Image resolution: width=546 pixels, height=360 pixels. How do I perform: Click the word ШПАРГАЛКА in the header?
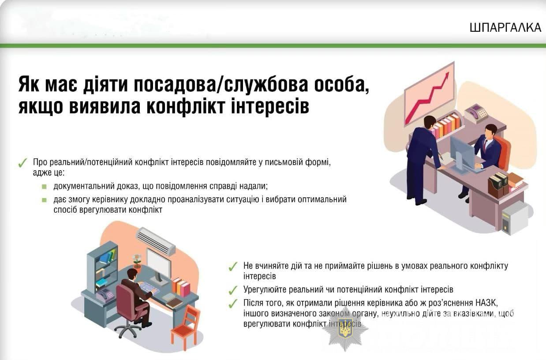click(505, 27)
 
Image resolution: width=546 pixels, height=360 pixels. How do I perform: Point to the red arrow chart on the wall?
click(429, 94)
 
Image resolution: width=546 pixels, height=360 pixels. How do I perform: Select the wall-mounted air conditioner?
click(156, 241)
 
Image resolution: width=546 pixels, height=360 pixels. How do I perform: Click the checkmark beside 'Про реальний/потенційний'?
click(22, 163)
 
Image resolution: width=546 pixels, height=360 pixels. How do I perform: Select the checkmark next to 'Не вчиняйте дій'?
click(233, 266)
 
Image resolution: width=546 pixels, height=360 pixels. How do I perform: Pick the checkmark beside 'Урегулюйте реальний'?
click(233, 290)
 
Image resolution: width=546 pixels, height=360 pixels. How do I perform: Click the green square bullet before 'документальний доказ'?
click(44, 187)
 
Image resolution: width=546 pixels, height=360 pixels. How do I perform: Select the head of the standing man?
click(430, 123)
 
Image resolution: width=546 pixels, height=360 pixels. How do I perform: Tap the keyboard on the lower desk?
click(149, 288)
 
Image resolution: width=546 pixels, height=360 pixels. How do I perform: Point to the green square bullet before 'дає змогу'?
click(44, 200)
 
